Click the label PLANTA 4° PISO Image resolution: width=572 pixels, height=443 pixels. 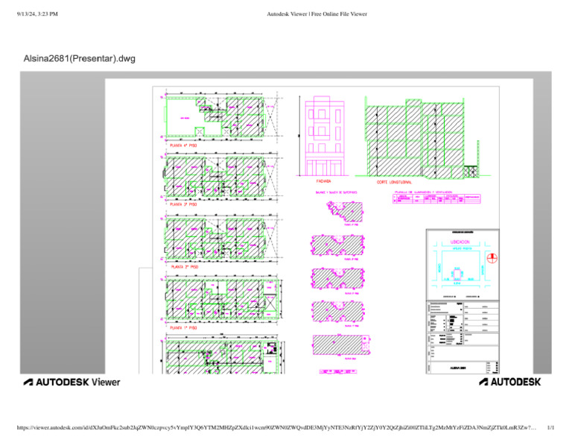point(182,145)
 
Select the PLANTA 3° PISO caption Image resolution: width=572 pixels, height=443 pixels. point(182,204)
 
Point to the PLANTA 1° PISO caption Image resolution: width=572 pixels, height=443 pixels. point(182,327)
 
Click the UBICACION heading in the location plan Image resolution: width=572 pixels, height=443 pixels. point(459,242)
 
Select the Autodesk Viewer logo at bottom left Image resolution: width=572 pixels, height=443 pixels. point(72,382)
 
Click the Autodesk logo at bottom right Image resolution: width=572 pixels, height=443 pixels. point(509,382)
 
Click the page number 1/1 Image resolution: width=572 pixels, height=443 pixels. point(550,429)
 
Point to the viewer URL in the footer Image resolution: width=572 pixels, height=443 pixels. point(276,429)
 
